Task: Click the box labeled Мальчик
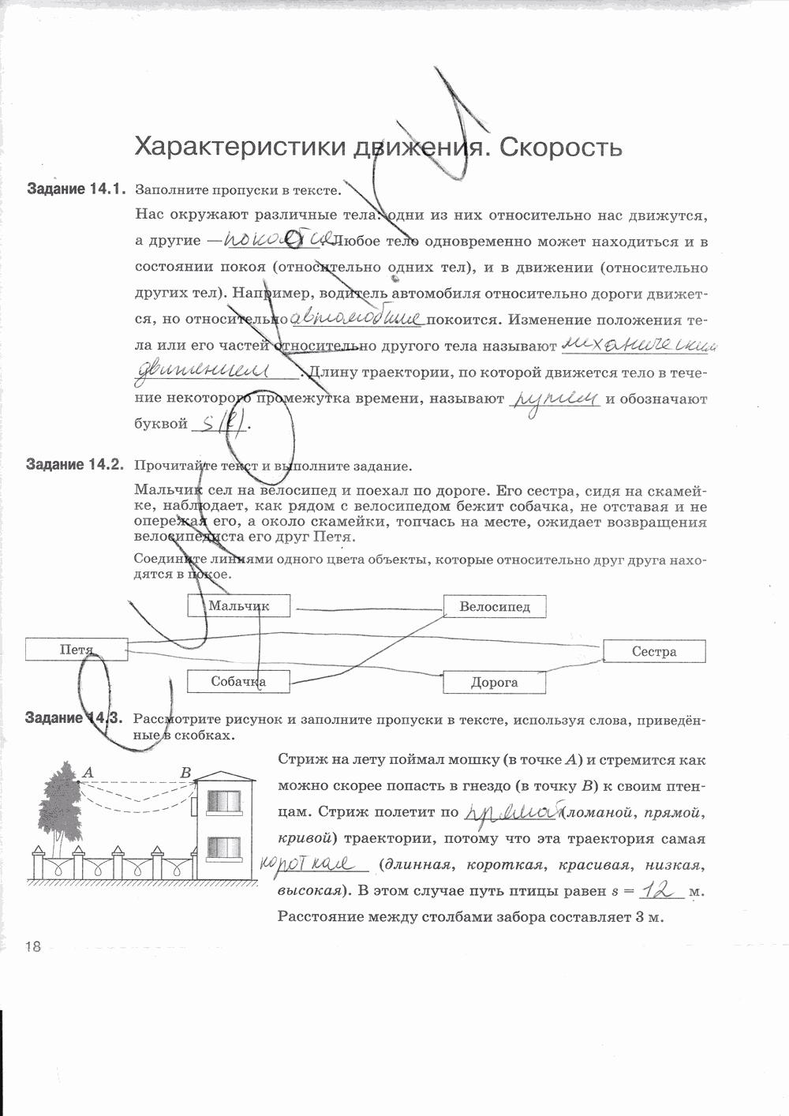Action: [239, 605]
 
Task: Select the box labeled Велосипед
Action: [495, 606]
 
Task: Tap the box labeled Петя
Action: [77, 650]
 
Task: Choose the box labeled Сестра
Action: [654, 651]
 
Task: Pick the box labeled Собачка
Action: [238, 681]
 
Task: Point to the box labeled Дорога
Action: [494, 682]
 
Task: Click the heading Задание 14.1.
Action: [76, 189]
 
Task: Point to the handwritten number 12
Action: [661, 891]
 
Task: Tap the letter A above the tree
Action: [88, 773]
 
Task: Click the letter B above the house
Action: [186, 773]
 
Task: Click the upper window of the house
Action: [224, 801]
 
